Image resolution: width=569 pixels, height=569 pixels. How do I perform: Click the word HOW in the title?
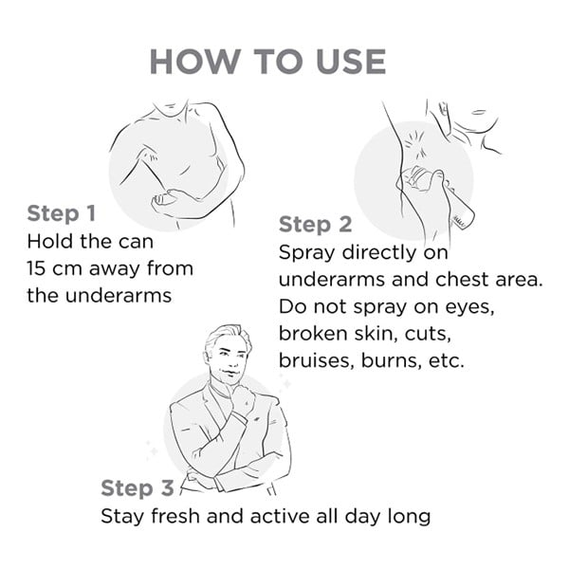[x=195, y=62]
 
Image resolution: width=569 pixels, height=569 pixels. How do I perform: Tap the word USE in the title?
[x=351, y=62]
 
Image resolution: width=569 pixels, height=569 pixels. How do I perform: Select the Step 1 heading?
[x=62, y=213]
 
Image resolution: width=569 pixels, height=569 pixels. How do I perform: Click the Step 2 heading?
[x=316, y=224]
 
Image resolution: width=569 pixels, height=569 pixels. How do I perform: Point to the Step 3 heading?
[x=138, y=487]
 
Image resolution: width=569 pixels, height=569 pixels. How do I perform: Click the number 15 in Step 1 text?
[x=36, y=268]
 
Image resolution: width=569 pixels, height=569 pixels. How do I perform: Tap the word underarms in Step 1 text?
[x=119, y=295]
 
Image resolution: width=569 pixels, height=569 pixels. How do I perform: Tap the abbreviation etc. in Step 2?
[x=447, y=360]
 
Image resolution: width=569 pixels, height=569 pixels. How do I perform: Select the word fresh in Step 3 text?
[x=175, y=516]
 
